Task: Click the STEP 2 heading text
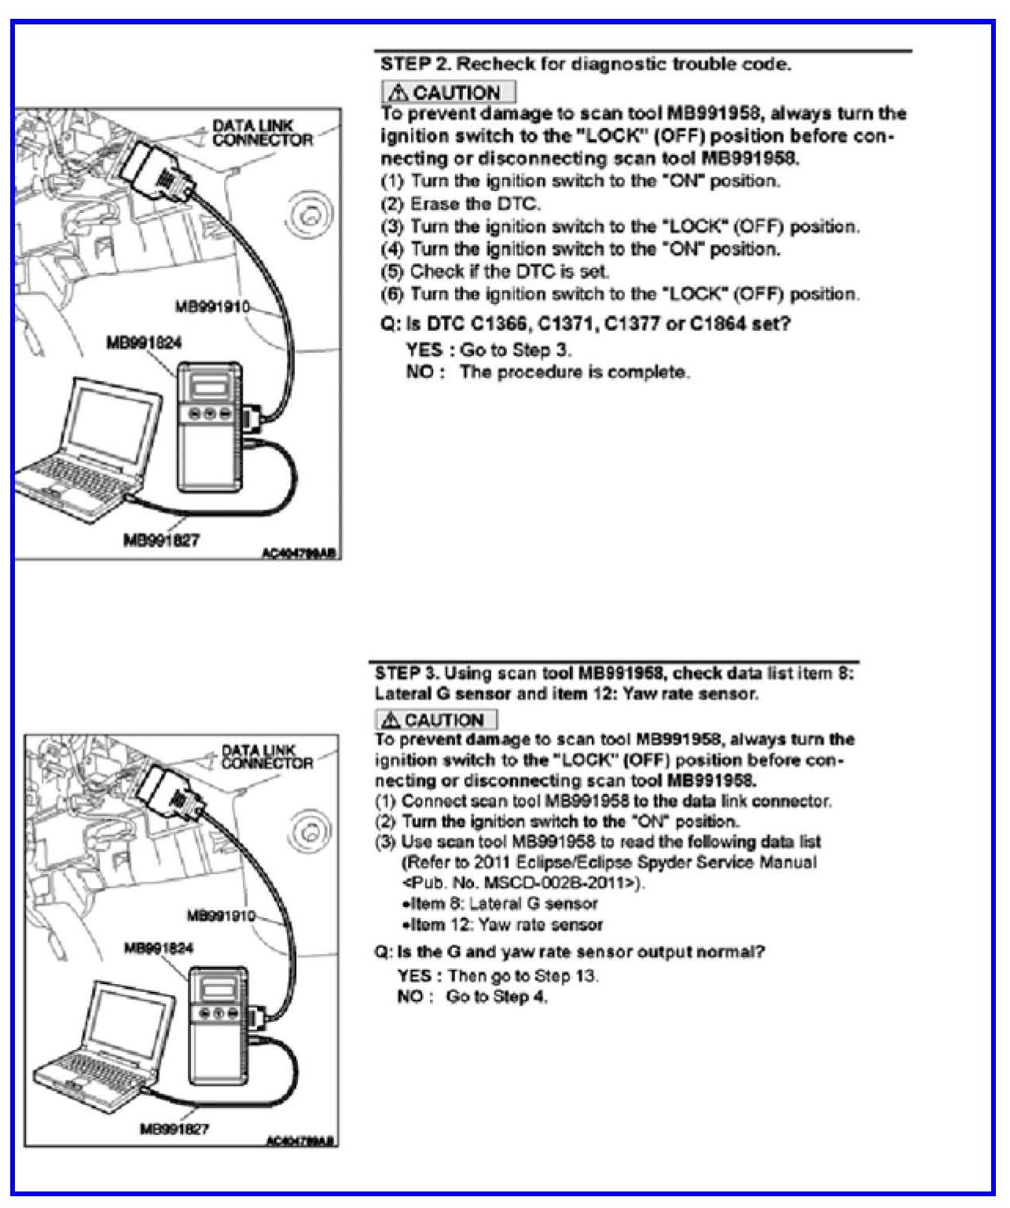click(x=586, y=64)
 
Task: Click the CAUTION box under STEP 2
click(x=448, y=92)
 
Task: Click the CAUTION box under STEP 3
click(x=436, y=720)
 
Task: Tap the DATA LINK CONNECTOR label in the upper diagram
click(x=262, y=133)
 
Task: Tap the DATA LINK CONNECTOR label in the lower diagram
click(x=266, y=757)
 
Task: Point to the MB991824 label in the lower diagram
click(x=158, y=948)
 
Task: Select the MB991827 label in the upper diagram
click(x=161, y=540)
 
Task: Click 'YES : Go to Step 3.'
click(x=489, y=350)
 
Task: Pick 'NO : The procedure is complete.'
click(x=548, y=372)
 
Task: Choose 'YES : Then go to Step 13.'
click(x=498, y=976)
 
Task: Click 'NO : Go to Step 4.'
click(x=472, y=997)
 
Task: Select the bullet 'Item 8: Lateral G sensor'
click(x=500, y=904)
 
